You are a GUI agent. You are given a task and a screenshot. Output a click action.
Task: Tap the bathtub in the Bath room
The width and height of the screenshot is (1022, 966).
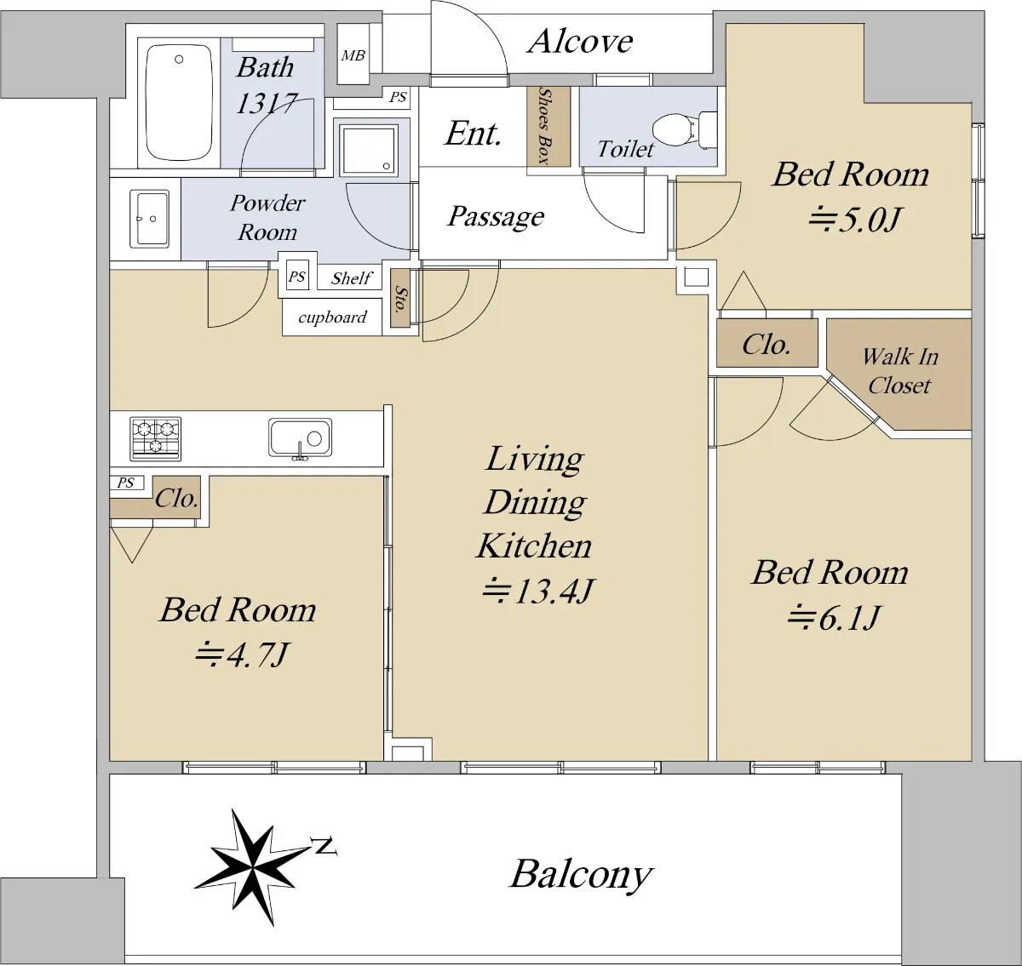pyautogui.click(x=180, y=102)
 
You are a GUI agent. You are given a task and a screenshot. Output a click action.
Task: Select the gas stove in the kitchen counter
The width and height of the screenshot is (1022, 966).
pyautogui.click(x=156, y=438)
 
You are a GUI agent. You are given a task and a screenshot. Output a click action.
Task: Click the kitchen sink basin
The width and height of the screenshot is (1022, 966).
pyautogui.click(x=301, y=438)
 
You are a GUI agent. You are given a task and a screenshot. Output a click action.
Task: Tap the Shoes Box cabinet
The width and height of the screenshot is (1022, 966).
pyautogui.click(x=548, y=126)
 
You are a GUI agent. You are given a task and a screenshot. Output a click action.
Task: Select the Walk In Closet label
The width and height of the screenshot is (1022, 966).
pyautogui.click(x=900, y=371)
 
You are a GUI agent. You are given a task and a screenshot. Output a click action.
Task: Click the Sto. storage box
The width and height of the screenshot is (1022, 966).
pyautogui.click(x=399, y=298)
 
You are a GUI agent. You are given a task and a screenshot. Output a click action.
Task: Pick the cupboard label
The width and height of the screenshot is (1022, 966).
pyautogui.click(x=332, y=317)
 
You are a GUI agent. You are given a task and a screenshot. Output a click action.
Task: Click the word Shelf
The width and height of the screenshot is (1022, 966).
pyautogui.click(x=352, y=278)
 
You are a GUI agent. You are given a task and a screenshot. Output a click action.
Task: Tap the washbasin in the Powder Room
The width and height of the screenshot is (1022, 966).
pyautogui.click(x=149, y=218)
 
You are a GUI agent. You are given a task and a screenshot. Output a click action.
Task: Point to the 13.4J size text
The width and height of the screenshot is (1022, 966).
pyautogui.click(x=538, y=591)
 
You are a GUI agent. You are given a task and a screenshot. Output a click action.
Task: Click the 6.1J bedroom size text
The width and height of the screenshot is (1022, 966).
pyautogui.click(x=833, y=617)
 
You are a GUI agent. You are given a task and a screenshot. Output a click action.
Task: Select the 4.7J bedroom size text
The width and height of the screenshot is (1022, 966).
pyautogui.click(x=242, y=654)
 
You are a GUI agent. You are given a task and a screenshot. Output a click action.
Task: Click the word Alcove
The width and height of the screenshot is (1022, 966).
pyautogui.click(x=581, y=41)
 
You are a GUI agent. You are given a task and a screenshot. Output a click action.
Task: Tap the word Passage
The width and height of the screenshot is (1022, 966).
pyautogui.click(x=496, y=216)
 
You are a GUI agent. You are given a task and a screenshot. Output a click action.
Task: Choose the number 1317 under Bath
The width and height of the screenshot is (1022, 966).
pyautogui.click(x=267, y=103)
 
